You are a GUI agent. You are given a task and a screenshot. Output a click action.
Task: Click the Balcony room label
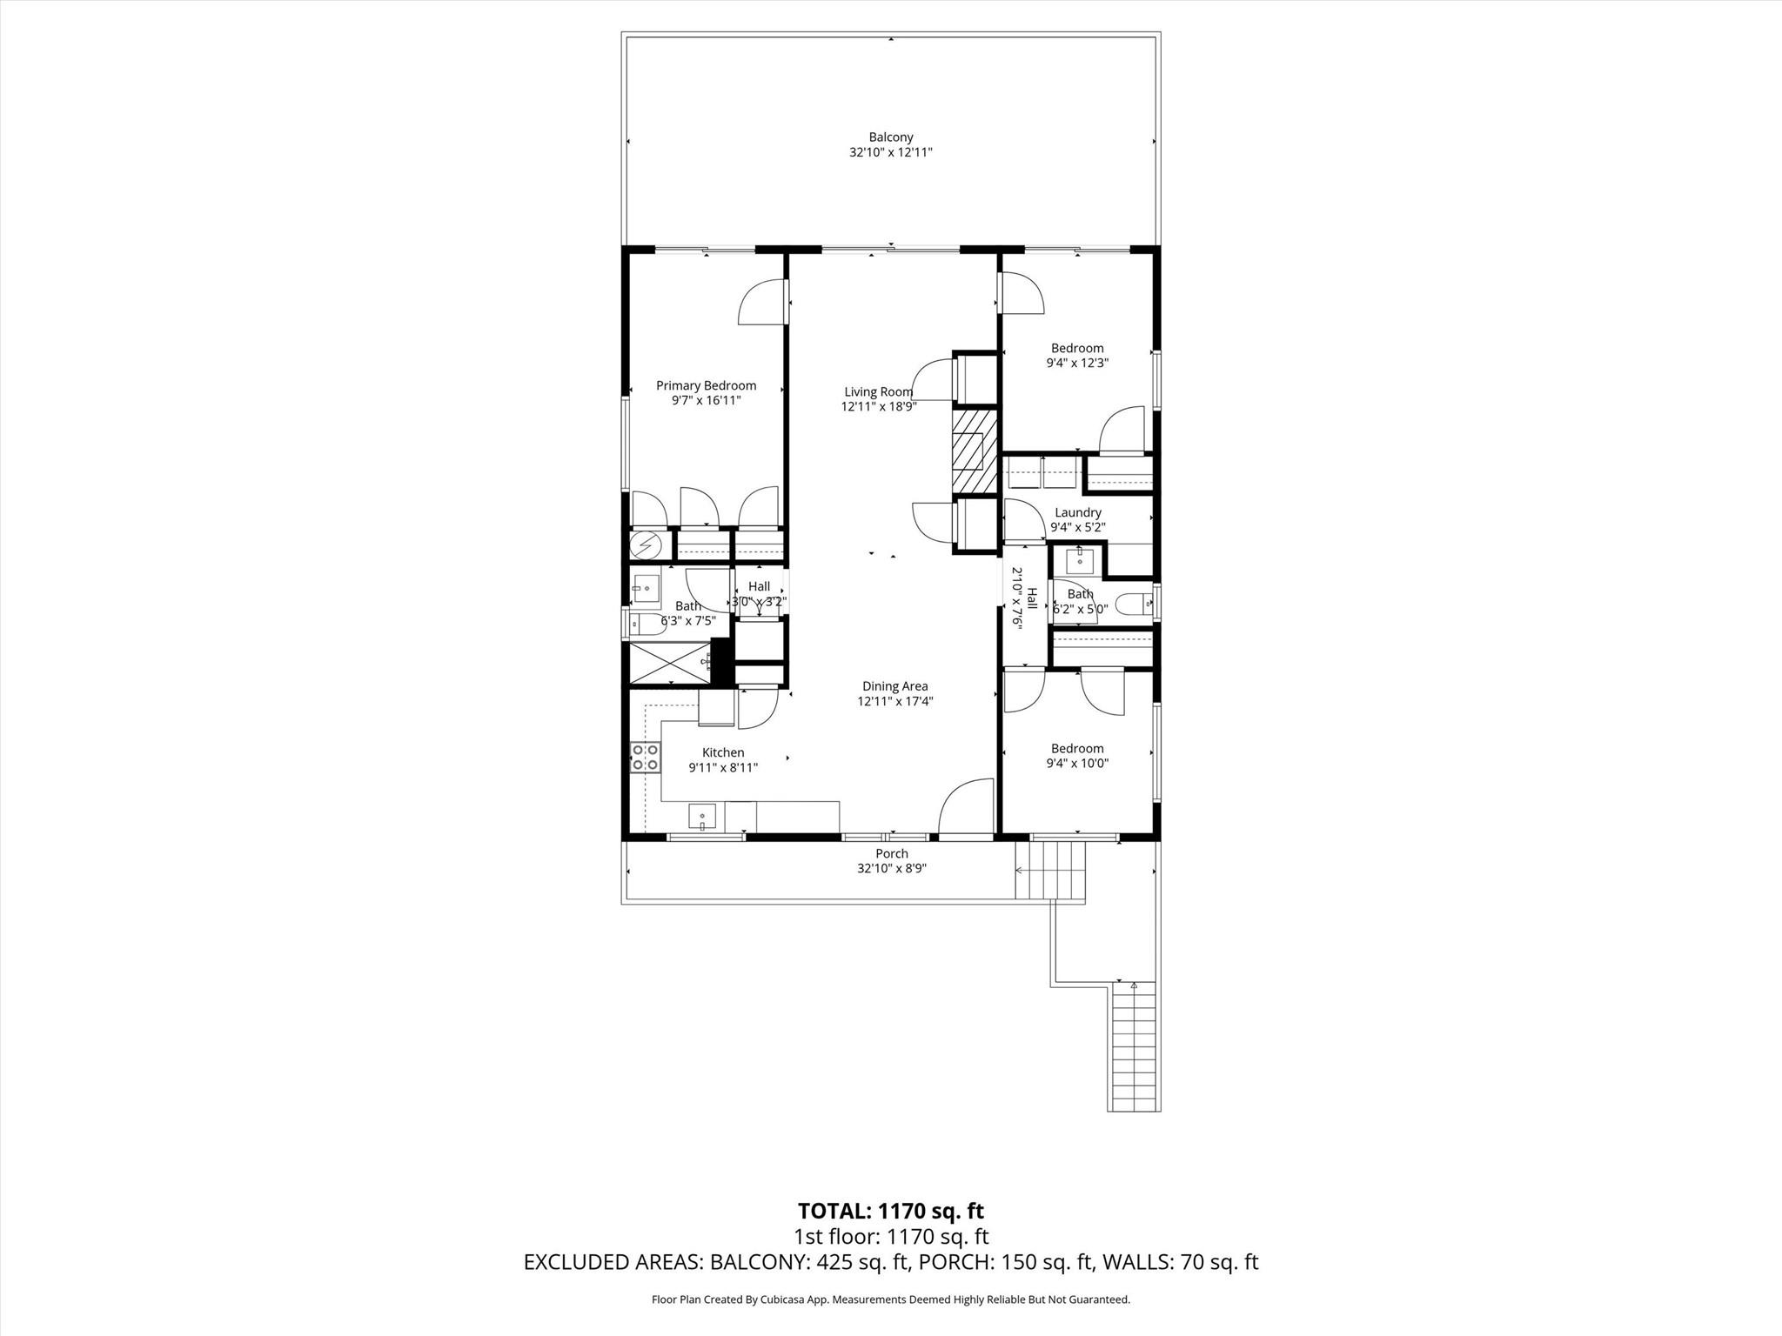pos(891,137)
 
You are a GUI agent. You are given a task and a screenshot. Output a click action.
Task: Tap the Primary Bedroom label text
pos(706,385)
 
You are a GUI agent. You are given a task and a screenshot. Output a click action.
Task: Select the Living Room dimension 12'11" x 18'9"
pos(878,406)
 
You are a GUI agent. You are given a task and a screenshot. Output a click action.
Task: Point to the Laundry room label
pos(1077,512)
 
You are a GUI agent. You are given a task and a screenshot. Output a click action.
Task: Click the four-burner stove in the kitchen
pos(644,757)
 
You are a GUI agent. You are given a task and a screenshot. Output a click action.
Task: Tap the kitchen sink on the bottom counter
pos(702,816)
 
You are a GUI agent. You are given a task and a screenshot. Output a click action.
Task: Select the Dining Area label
pos(894,685)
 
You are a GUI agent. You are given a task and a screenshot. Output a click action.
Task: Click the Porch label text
pos(891,853)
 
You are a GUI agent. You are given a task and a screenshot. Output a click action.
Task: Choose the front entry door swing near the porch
pos(967,809)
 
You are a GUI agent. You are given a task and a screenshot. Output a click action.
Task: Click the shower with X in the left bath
pos(668,662)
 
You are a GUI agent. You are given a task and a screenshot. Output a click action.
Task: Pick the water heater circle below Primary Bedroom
pos(646,545)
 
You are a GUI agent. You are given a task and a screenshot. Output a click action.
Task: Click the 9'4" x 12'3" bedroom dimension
pos(1076,363)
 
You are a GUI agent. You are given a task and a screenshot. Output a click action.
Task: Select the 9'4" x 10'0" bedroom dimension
pos(1076,763)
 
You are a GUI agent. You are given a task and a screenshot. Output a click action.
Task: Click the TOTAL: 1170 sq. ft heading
pos(890,1210)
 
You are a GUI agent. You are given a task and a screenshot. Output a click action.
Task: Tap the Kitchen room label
pos(722,752)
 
